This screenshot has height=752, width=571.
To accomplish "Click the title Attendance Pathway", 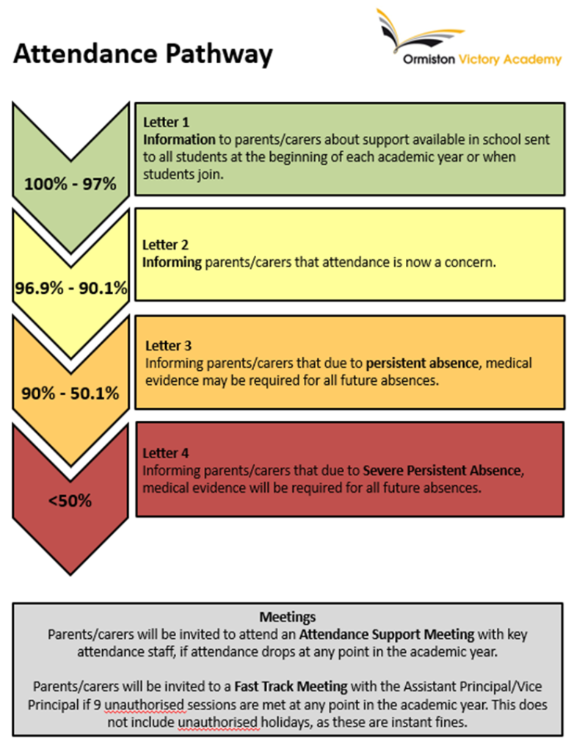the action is click(x=143, y=54).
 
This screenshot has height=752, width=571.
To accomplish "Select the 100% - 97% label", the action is click(x=70, y=184).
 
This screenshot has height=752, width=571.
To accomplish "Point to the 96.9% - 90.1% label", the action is click(x=71, y=288).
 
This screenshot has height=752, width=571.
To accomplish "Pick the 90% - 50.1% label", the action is click(x=70, y=394).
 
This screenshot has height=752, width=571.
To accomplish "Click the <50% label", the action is click(x=70, y=501).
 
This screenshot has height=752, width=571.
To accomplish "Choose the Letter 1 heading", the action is click(x=167, y=123).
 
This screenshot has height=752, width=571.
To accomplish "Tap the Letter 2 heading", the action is click(x=165, y=245).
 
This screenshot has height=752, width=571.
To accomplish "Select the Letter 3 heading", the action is click(x=168, y=346).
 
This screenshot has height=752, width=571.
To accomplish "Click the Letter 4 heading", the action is click(x=166, y=453).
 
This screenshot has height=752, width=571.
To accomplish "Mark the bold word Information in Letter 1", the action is click(x=179, y=140).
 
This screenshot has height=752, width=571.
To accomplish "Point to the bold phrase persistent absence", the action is click(x=422, y=363).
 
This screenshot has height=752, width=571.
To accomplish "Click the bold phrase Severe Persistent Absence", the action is click(x=442, y=471).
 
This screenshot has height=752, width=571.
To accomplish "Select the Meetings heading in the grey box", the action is click(x=288, y=617).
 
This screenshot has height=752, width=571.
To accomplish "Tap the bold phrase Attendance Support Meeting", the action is click(x=387, y=634).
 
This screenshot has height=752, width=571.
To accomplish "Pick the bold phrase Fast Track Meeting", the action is click(x=291, y=687).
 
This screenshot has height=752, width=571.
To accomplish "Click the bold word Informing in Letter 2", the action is click(x=172, y=262).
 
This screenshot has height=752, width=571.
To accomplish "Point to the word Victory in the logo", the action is click(x=479, y=59).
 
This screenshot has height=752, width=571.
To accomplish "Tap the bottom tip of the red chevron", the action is click(x=70, y=574).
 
